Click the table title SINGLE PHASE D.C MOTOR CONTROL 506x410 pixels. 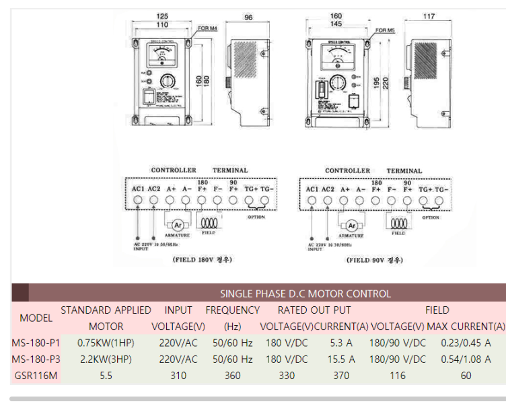coord(305,294)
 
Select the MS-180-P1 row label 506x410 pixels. coord(36,342)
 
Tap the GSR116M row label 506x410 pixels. coord(36,375)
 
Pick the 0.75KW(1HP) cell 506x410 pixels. coord(106,342)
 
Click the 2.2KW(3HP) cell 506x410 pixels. coord(106,359)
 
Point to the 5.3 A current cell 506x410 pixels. coord(341,342)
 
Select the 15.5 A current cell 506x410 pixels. coord(341,359)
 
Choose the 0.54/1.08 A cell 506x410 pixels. coord(466,359)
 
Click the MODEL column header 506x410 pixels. coord(36,318)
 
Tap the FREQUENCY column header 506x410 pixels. coord(232,310)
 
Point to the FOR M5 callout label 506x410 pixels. coord(386,30)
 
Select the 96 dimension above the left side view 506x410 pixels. coord(248,18)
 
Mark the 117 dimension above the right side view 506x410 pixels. coord(429,16)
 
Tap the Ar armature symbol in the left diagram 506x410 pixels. coord(178,224)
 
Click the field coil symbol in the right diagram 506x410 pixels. coord(399,223)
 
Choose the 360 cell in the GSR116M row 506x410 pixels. coord(232,375)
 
